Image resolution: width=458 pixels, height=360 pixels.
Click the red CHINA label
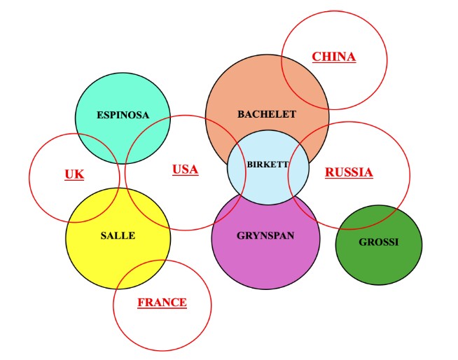pyautogui.click(x=334, y=57)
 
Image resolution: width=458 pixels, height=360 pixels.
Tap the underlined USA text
pyautogui.click(x=186, y=169)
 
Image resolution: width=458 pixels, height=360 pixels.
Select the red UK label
pyautogui.click(x=74, y=174)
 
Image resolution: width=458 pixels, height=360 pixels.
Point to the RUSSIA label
pyautogui.click(x=349, y=172)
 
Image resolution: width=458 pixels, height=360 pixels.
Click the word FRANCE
pyautogui.click(x=162, y=303)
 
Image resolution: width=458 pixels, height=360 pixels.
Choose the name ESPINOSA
pyautogui.click(x=123, y=115)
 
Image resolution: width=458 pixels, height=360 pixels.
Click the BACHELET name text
pyautogui.click(x=267, y=114)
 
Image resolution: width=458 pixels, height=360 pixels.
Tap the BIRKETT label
pyautogui.click(x=268, y=164)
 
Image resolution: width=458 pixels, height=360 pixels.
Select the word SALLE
pyautogui.click(x=118, y=235)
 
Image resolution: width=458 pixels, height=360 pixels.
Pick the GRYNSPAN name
pyautogui.click(x=265, y=235)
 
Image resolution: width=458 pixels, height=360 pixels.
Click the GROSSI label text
pyautogui.click(x=379, y=242)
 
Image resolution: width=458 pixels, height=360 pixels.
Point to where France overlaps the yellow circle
pyautogui.click(x=141, y=273)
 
